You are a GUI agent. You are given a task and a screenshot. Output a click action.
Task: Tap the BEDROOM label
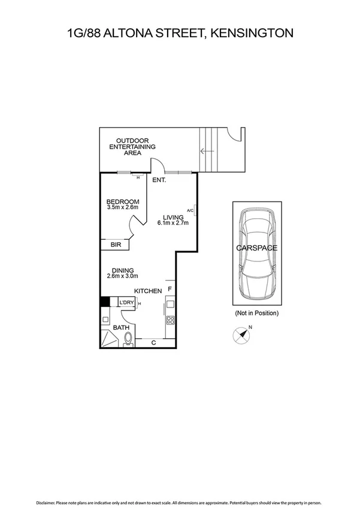click(123, 201)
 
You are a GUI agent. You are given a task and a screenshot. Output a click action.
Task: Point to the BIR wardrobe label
click(116, 245)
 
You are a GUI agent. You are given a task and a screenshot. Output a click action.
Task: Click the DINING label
click(122, 270)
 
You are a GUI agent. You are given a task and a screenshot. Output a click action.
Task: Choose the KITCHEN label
click(148, 291)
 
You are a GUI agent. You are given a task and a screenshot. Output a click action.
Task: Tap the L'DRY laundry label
click(126, 303)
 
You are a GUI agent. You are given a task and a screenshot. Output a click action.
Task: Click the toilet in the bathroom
click(128, 341)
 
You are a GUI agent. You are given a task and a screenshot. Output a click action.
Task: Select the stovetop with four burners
click(170, 321)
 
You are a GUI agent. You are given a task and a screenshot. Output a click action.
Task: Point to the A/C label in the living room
click(190, 210)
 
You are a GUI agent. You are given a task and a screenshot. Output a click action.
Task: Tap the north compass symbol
click(241, 335)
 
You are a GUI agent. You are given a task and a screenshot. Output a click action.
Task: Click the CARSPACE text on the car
click(256, 247)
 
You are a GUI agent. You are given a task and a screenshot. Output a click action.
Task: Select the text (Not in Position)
click(256, 313)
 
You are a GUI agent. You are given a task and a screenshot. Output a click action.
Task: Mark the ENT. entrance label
click(159, 180)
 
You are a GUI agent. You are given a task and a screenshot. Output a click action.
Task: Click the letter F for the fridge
click(170, 290)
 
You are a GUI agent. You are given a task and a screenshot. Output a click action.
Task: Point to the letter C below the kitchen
click(153, 343)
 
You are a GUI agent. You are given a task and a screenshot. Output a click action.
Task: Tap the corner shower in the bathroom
click(109, 339)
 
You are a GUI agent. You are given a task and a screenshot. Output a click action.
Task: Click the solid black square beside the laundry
click(104, 303)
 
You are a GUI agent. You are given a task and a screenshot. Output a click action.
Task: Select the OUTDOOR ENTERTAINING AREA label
click(132, 147)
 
